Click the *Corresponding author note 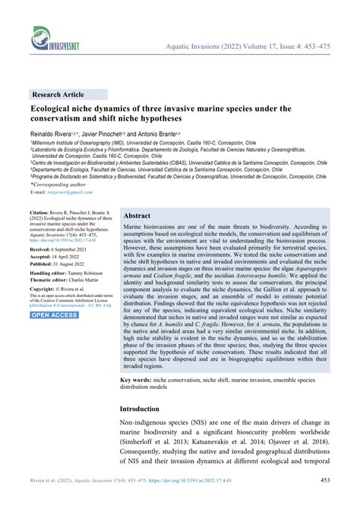tap(60, 185)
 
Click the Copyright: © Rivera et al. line tap(63, 289)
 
